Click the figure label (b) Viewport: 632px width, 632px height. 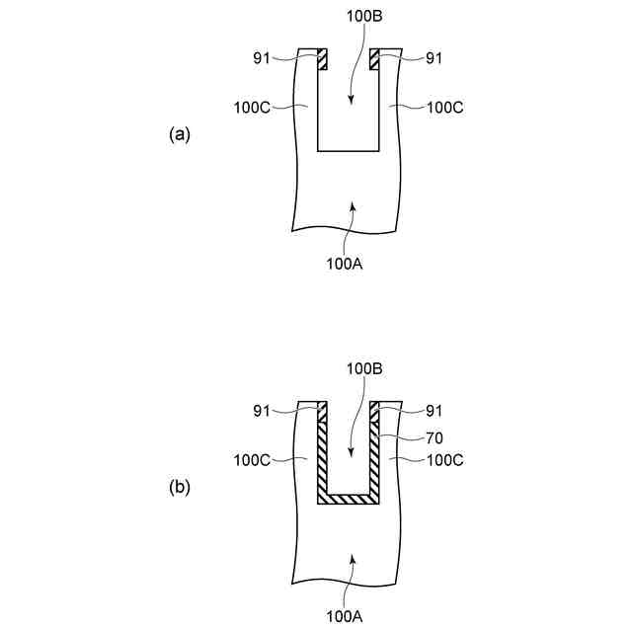[x=179, y=487]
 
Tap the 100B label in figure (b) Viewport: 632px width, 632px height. [x=363, y=368]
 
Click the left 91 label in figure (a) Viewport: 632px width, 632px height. [x=262, y=57]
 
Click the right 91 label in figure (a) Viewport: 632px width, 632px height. [x=433, y=57]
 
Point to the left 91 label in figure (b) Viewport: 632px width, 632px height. [x=262, y=410]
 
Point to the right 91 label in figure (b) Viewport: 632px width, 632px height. [x=433, y=410]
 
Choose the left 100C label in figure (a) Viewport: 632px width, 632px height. [x=252, y=107]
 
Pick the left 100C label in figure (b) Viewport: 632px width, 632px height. [x=252, y=459]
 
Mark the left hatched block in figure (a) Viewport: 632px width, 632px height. [x=322, y=59]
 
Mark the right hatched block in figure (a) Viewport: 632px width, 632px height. [x=374, y=59]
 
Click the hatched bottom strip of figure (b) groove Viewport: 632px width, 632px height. [x=348, y=499]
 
